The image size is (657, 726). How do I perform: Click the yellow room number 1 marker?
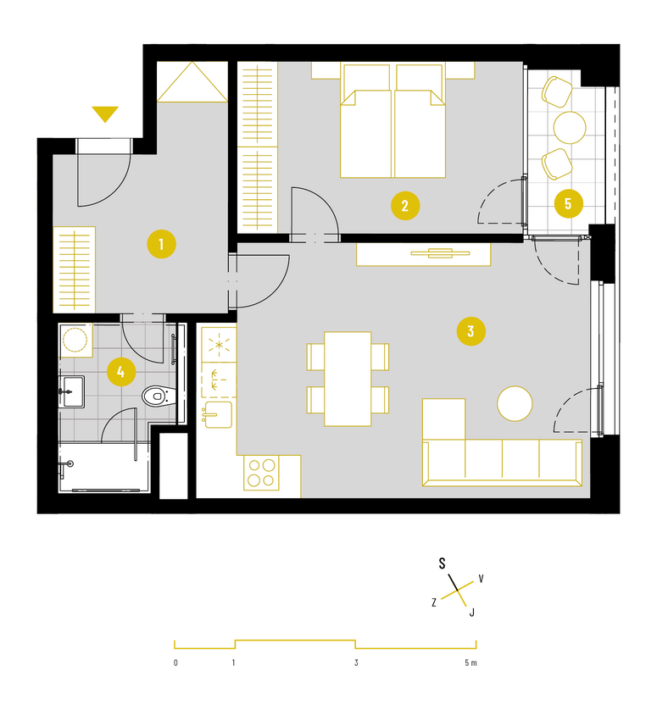(x=161, y=244)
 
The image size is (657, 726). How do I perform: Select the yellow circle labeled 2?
(x=405, y=206)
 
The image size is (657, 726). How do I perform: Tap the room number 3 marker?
(x=470, y=331)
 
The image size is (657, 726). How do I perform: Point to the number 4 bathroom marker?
(x=121, y=372)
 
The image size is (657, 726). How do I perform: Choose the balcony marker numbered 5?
(x=568, y=203)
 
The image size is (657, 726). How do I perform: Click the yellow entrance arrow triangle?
(x=105, y=114)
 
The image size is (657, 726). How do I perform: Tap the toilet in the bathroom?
(x=159, y=396)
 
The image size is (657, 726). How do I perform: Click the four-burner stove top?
(x=261, y=474)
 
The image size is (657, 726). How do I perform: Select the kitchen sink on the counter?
(x=217, y=414)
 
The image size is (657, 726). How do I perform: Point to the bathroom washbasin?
(x=72, y=391)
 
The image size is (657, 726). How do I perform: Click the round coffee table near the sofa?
(x=515, y=404)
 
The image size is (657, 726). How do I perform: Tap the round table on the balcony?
(x=570, y=127)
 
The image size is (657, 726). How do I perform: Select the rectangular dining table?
(x=348, y=379)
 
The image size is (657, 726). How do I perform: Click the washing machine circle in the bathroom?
(x=75, y=340)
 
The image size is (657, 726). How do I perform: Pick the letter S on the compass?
(x=442, y=563)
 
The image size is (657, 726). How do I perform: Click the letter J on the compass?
(x=472, y=612)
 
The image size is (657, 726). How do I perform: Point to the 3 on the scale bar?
(x=356, y=663)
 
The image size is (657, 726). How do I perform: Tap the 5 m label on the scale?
(x=470, y=663)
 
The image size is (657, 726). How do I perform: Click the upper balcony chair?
(x=557, y=91)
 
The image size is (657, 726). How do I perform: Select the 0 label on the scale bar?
(x=175, y=663)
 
